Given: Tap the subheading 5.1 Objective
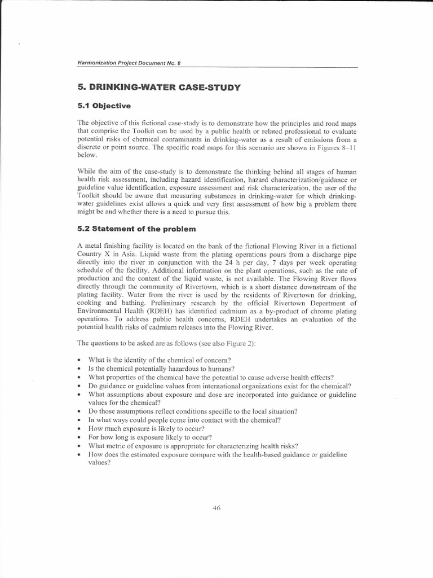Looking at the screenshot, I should (104, 106).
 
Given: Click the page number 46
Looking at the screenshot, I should (216, 507).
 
